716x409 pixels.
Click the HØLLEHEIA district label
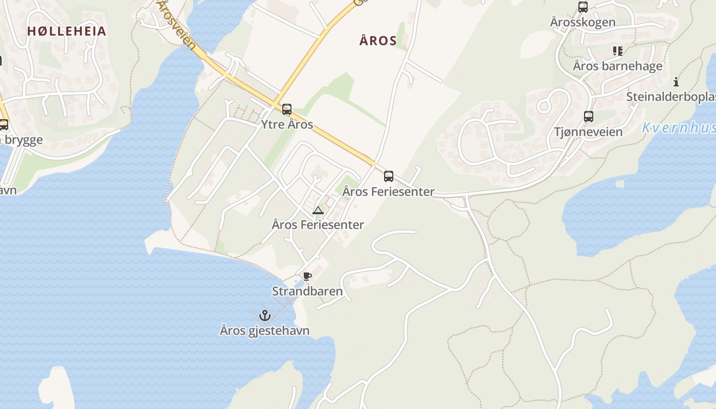click(66, 31)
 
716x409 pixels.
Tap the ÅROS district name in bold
click(378, 41)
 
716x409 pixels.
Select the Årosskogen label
click(583, 22)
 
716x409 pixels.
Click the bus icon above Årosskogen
click(583, 7)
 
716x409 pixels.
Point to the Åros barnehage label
click(617, 66)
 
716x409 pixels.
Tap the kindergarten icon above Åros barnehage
click(617, 51)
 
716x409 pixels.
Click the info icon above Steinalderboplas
click(676, 81)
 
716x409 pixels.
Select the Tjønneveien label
click(588, 132)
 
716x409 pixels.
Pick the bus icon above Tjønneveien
click(588, 117)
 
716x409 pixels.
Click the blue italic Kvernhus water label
click(678, 128)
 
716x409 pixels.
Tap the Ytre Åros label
click(287, 125)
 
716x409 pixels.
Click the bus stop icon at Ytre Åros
click(287, 109)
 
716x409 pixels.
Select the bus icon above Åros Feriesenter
click(389, 176)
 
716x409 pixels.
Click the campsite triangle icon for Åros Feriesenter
click(318, 210)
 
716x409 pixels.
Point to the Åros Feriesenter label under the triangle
click(318, 224)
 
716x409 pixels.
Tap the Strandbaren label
click(307, 291)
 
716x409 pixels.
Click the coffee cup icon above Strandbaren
click(307, 277)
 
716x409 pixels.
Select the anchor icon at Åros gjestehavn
click(264, 315)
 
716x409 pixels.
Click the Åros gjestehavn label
click(264, 331)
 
